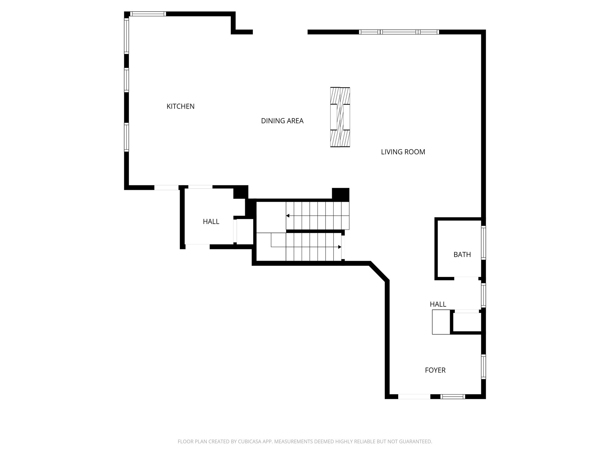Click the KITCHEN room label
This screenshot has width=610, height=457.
(x=180, y=107)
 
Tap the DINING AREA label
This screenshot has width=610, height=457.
(x=282, y=121)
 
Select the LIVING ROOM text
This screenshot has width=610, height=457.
(x=403, y=152)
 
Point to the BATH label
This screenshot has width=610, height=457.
(x=462, y=255)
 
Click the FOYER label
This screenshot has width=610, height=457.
(x=435, y=370)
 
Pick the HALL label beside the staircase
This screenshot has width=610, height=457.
(x=211, y=222)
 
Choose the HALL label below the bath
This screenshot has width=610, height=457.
(x=438, y=304)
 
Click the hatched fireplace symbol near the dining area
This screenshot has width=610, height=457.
(x=340, y=117)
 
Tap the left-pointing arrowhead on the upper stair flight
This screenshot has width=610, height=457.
(x=288, y=216)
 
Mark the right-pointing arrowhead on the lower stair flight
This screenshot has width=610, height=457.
(x=340, y=247)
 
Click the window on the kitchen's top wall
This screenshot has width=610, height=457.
(x=148, y=14)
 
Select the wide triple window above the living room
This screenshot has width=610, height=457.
(x=399, y=32)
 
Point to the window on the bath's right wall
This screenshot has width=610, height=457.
(x=483, y=242)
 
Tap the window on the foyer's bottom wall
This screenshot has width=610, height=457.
(x=452, y=396)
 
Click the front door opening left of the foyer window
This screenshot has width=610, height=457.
(x=414, y=396)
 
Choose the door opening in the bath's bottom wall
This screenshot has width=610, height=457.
(x=466, y=278)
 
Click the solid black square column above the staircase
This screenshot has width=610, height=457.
(x=340, y=195)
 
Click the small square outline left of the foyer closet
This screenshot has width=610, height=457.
(x=441, y=322)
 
